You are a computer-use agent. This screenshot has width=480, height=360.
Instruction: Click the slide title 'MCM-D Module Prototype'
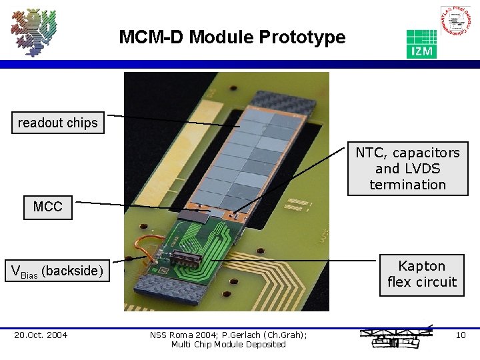click(232, 37)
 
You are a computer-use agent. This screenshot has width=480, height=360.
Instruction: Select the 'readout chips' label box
click(58, 123)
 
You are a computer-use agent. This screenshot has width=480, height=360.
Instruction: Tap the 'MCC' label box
click(47, 207)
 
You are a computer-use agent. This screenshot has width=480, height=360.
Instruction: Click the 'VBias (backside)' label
click(58, 271)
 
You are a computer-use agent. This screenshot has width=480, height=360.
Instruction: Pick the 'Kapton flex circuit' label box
click(421, 274)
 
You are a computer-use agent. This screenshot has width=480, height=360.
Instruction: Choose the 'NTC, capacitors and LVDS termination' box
click(407, 169)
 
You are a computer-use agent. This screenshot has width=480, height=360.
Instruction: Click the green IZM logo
click(421, 44)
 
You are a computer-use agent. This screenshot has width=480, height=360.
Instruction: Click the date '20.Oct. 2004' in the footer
click(41, 335)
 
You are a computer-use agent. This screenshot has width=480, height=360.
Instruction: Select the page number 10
click(460, 335)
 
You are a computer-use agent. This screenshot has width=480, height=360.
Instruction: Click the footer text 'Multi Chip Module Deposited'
click(228, 345)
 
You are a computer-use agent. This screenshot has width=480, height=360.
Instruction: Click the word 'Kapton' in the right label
click(421, 266)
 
